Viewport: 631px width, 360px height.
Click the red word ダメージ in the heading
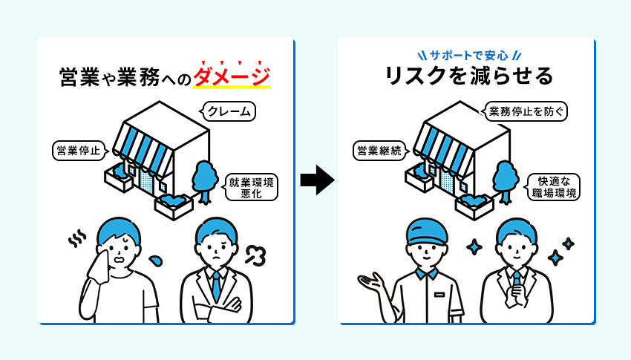231,76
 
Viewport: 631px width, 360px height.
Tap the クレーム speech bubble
228,112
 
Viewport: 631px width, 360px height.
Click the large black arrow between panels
316,180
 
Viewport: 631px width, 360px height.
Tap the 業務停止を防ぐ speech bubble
528,112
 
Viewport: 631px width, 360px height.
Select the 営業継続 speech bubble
378,151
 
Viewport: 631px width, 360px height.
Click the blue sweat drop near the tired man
156,261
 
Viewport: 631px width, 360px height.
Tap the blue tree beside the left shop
204,178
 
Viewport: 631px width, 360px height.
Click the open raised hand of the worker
370,281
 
